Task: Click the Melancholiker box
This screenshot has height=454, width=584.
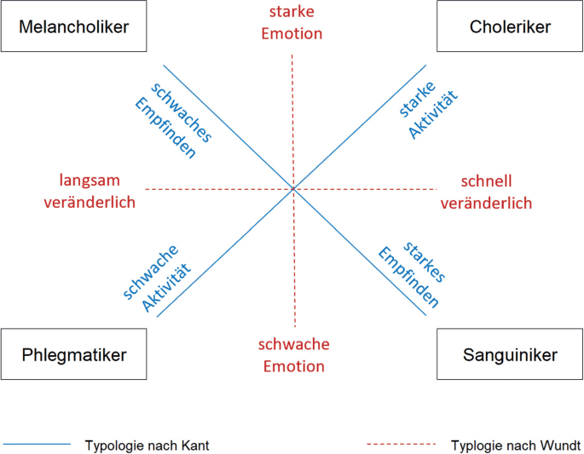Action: click(x=74, y=26)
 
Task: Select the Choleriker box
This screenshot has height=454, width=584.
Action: click(x=510, y=26)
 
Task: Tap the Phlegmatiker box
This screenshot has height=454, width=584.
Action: click(x=74, y=353)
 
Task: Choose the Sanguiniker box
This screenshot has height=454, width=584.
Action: click(x=510, y=353)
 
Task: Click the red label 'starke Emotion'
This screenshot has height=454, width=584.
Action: click(x=292, y=23)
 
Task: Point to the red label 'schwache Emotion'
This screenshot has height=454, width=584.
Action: click(x=292, y=355)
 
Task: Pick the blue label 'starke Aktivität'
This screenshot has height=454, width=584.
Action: click(x=426, y=111)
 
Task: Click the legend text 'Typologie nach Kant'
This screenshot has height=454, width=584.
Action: click(x=147, y=445)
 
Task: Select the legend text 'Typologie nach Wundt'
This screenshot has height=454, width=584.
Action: click(x=515, y=445)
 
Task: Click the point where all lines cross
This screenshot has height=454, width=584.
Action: click(x=293, y=188)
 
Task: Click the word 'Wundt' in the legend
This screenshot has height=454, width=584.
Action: click(x=558, y=445)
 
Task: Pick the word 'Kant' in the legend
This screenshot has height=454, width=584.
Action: click(x=194, y=445)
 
